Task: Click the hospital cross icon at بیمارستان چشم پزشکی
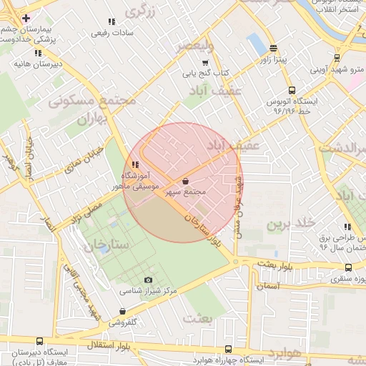pyautogui.click(x=26, y=17)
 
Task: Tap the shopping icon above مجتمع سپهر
pyautogui.click(x=187, y=182)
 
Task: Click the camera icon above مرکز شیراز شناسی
pyautogui.click(x=148, y=280)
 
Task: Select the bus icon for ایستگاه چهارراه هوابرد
pyautogui.click(x=228, y=349)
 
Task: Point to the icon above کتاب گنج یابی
pyautogui.click(x=206, y=63)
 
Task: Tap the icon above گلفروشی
pyautogui.click(x=123, y=312)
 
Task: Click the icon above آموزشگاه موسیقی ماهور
pyautogui.click(x=136, y=165)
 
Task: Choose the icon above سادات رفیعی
pyautogui.click(x=111, y=22)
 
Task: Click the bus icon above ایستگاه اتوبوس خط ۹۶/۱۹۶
pyautogui.click(x=291, y=91)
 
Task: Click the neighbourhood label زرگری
pyautogui.click(x=140, y=11)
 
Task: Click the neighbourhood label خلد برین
pyautogui.click(x=291, y=224)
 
